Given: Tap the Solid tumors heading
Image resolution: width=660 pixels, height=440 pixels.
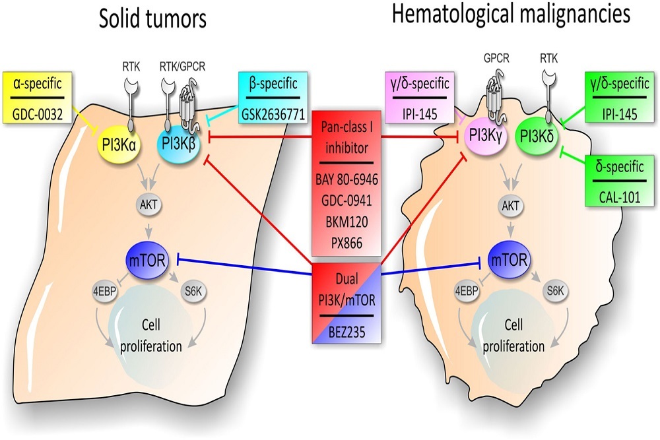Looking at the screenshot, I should point(152,20).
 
